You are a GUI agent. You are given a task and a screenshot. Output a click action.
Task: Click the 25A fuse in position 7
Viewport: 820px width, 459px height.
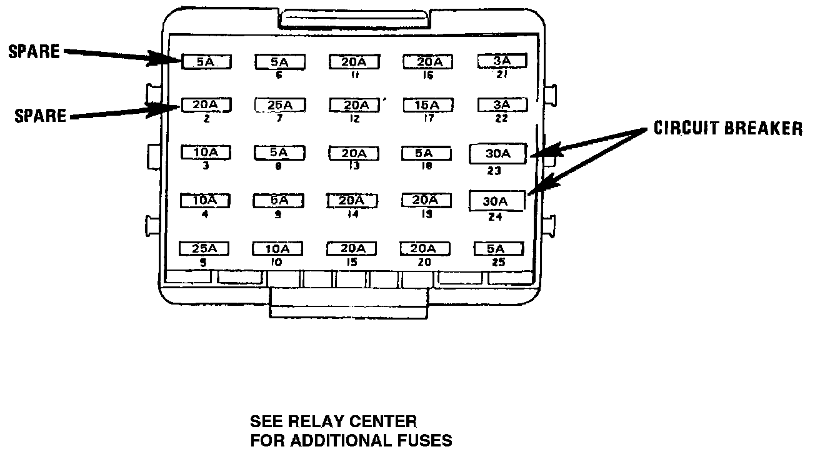click(279, 105)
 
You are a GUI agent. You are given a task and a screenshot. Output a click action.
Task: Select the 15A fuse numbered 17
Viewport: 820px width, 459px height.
click(427, 105)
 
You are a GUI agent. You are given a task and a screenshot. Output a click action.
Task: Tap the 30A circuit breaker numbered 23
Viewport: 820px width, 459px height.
click(498, 154)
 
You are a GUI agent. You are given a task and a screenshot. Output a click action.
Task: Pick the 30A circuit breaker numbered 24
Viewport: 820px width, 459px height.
click(497, 201)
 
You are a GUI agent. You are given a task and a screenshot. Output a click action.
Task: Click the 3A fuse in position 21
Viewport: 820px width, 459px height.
click(501, 61)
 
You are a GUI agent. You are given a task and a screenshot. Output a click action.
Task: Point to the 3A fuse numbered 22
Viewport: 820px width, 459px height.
click(501, 104)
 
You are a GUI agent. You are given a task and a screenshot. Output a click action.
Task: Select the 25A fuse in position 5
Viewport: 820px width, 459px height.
click(204, 248)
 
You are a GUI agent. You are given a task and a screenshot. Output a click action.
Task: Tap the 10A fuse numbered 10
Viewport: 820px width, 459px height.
click(277, 249)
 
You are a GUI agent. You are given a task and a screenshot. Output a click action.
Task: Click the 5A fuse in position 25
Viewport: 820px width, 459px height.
click(498, 248)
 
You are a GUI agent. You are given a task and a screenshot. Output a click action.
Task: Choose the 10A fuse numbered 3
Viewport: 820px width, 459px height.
click(205, 153)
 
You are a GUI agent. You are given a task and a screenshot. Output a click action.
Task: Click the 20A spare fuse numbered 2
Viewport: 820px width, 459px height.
click(206, 104)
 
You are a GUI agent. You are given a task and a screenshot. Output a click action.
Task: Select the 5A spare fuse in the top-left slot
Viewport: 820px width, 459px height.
click(207, 61)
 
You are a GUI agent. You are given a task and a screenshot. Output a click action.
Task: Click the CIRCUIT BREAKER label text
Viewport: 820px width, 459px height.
click(727, 129)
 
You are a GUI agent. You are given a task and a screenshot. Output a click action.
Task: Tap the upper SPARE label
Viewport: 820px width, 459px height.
click(34, 52)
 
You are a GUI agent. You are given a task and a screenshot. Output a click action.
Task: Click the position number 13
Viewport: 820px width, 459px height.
click(354, 167)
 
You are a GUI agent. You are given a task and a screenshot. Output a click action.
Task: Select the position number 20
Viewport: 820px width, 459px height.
click(424, 263)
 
